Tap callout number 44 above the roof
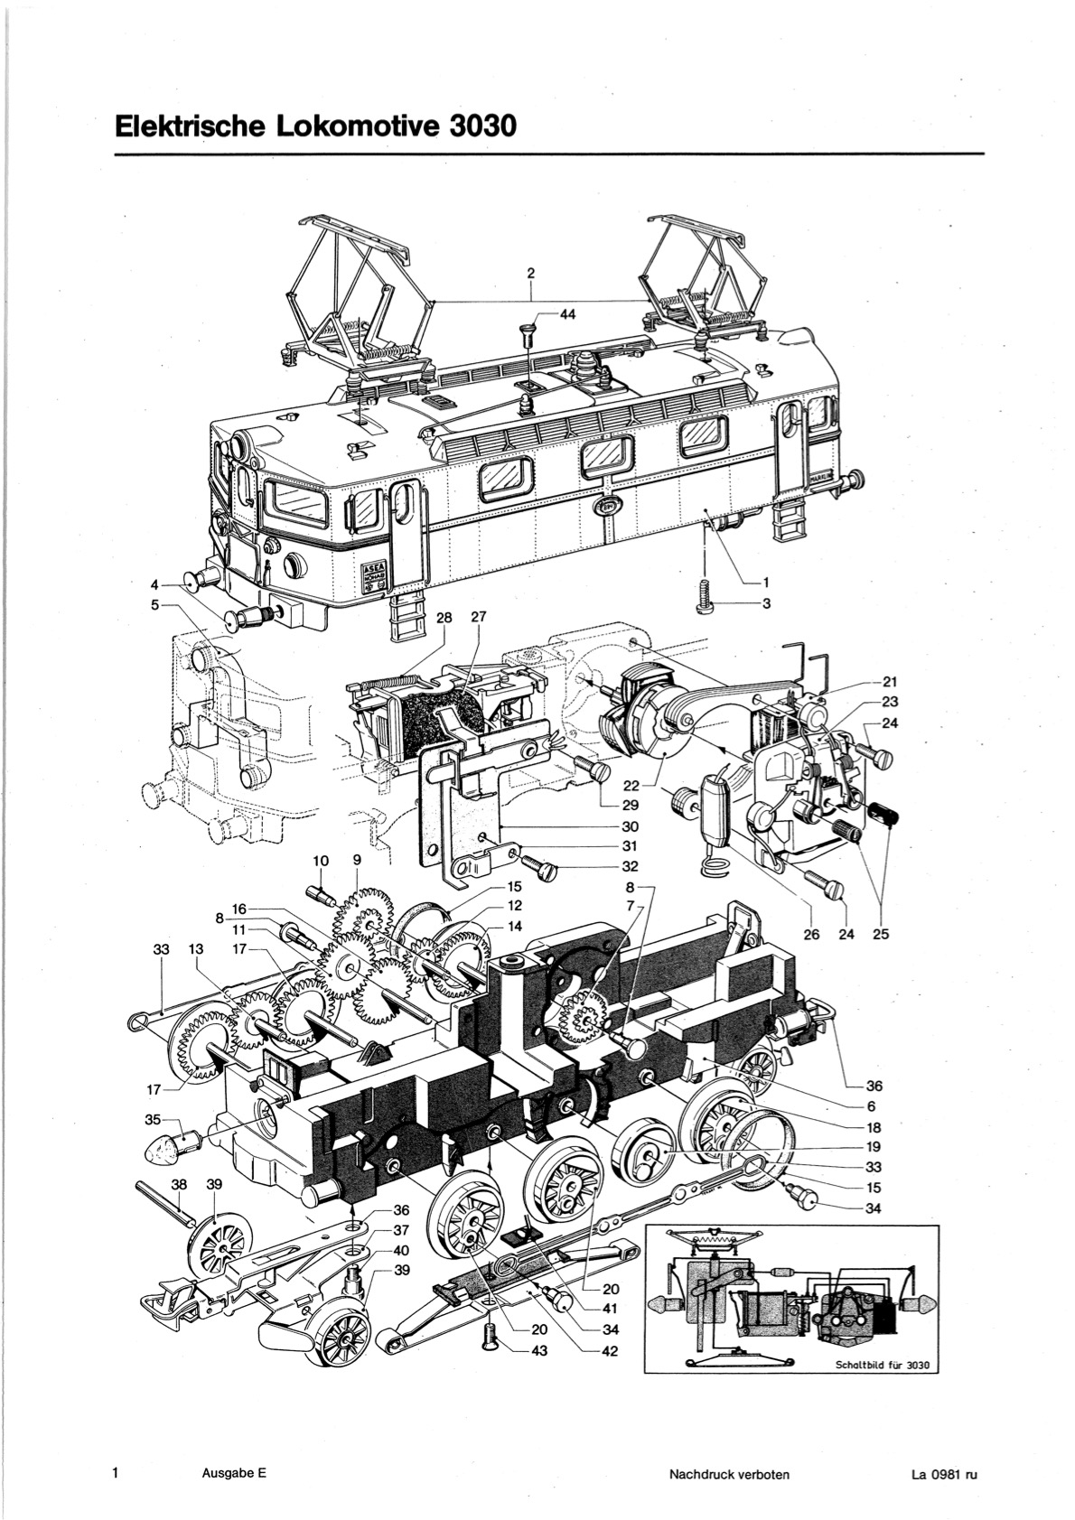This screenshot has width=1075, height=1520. pos(567,315)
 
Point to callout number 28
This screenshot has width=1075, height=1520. pos(444,617)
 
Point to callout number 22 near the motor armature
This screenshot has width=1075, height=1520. pos(631,787)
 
